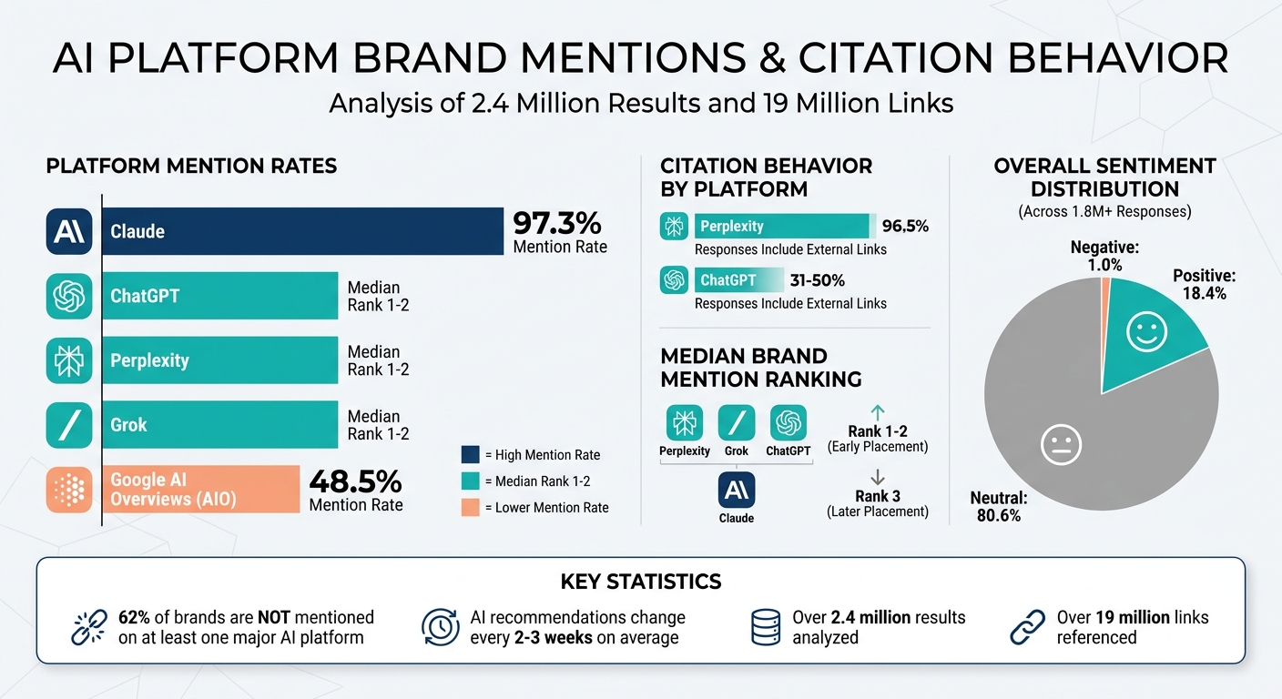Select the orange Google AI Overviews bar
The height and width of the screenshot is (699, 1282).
coord(200,489)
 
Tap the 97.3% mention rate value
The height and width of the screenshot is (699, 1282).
coord(557,223)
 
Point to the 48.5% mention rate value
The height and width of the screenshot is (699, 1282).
coord(355,481)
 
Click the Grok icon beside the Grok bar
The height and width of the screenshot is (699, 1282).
coord(69,425)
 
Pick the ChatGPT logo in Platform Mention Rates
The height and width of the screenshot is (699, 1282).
coord(69,296)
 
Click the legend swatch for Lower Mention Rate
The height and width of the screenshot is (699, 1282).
coord(470,507)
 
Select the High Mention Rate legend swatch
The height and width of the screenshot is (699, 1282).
coord(470,454)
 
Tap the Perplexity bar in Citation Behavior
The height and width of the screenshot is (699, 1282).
coord(781,226)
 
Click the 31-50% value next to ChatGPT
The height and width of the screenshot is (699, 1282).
coord(817,280)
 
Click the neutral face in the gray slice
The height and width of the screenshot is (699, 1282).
coord(1061,446)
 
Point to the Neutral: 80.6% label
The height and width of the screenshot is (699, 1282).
coord(998,507)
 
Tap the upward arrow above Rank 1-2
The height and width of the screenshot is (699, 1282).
coord(878,412)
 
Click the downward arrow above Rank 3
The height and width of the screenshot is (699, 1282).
coord(878,477)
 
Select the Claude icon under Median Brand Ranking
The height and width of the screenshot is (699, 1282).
coord(737,490)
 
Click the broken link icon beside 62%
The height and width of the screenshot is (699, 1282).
coord(88,627)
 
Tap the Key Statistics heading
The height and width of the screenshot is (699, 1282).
coord(640,582)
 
